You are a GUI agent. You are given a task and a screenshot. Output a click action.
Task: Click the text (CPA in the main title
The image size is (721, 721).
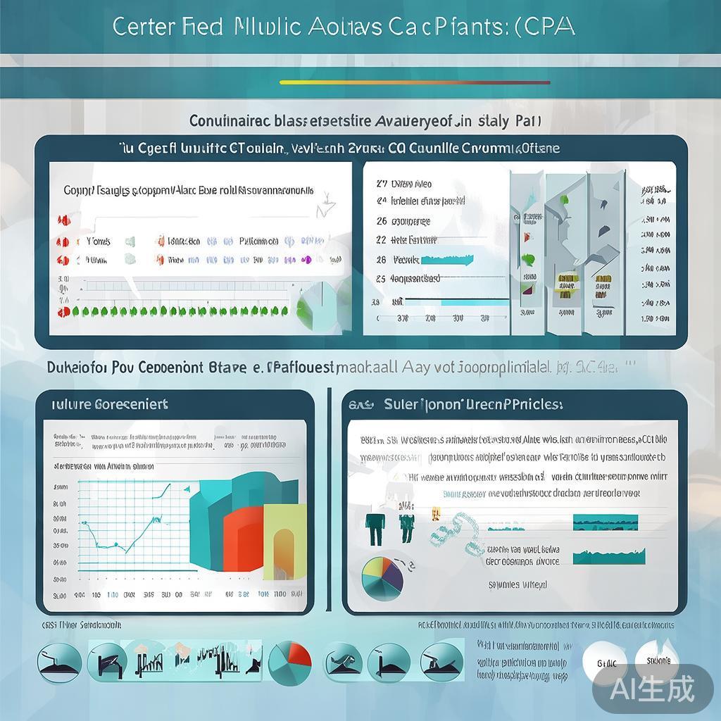point(548,26)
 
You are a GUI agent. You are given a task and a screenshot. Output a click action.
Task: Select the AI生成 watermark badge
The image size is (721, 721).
point(652,686)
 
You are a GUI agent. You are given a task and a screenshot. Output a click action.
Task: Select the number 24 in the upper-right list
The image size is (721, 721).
point(382,201)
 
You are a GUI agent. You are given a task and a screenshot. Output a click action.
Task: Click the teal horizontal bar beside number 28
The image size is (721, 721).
point(446,259)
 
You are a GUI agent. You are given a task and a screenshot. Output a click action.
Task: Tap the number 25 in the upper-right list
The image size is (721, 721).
point(382,278)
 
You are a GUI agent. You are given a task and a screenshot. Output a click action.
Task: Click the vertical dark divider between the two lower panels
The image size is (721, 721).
point(329,500)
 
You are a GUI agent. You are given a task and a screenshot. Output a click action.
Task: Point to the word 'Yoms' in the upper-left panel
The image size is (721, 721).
point(98,242)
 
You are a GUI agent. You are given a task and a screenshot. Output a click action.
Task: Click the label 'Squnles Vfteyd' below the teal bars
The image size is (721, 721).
point(518,584)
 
